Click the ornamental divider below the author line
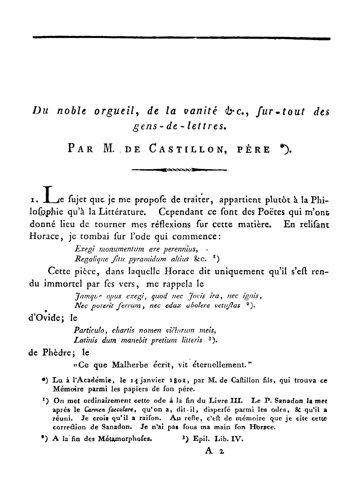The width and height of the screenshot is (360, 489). pos(179,170)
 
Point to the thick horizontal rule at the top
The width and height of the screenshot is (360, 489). pos(181,38)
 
